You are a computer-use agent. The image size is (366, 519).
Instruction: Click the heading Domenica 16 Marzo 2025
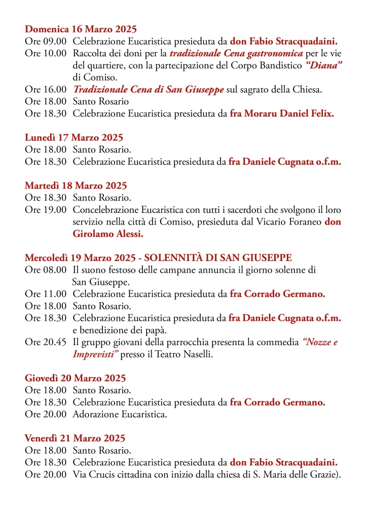coord(81,29)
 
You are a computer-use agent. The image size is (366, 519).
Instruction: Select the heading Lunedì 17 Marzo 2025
coord(74,137)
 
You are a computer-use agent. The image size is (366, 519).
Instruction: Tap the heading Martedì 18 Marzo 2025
coord(76,186)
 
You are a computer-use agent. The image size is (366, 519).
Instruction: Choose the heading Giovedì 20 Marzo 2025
coord(76,378)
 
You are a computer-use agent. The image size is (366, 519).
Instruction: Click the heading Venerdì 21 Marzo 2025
coord(75,438)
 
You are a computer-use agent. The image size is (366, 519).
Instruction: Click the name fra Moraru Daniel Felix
coord(282,114)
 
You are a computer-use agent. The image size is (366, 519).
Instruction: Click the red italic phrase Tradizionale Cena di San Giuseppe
coord(149,90)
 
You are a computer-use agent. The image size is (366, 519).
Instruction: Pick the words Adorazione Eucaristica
coord(120,415)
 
